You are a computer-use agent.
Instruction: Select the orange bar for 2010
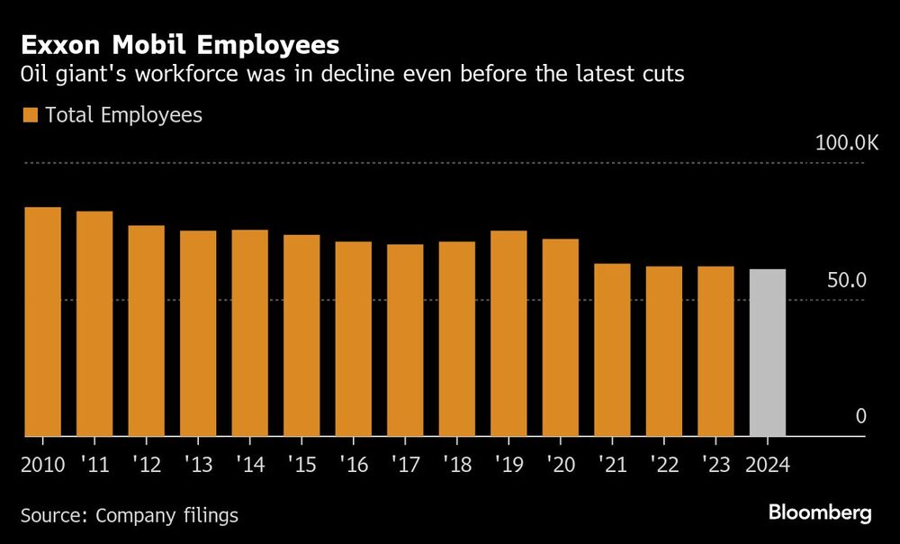42,322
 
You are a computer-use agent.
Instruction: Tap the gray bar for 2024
768,353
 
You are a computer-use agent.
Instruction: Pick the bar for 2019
508,334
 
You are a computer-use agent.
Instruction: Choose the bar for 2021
612,350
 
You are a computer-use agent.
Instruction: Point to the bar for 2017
405,340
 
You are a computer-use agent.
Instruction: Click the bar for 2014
249,333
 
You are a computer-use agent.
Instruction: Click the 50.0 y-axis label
847,280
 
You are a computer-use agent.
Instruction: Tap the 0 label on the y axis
860,416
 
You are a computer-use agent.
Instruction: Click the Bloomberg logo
820,512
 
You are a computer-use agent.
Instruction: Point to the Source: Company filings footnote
130,515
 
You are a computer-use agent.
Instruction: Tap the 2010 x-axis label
43,467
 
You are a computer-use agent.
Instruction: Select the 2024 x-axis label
768,467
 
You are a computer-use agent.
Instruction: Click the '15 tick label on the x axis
301,467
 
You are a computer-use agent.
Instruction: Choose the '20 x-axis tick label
560,467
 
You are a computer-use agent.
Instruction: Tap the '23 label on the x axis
715,467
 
